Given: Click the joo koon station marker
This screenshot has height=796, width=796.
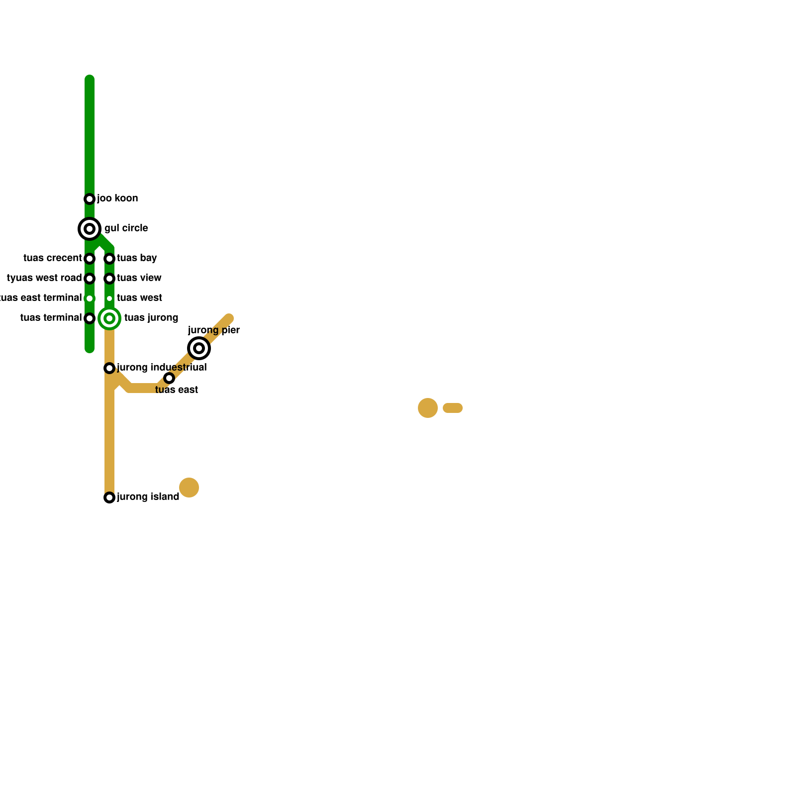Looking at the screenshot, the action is pos(90,199).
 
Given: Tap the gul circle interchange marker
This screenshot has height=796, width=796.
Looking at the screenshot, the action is pos(90,229).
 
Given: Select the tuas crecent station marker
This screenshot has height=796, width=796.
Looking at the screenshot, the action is pos(90,259).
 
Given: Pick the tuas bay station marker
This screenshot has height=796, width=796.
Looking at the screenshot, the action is pos(109,259).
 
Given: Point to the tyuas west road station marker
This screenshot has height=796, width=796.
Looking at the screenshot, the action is pos(90,279).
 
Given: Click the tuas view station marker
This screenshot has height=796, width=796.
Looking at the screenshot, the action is pos(109,279).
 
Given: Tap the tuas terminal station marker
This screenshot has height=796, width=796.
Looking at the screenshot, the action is pos(90,318).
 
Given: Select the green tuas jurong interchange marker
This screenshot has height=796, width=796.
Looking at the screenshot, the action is pos(109,318).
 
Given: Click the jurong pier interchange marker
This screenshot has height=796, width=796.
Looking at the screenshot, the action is pos(199,348).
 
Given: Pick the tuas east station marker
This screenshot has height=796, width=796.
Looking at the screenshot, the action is pos(169,378).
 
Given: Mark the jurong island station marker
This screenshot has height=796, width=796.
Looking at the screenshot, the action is pos(109,497).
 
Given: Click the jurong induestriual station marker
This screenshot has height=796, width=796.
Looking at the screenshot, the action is pos(109,368).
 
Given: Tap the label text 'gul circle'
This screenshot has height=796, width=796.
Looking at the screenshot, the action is pos(126,228).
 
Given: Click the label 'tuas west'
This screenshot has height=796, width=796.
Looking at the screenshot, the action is pos(139,298).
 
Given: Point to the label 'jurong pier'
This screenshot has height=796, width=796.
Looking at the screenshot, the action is pos(214,330).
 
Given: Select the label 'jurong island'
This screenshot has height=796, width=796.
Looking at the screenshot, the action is pos(148,497).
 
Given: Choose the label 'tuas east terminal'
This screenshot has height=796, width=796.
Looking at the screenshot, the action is pos(41,298).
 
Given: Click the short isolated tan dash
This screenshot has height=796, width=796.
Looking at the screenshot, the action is pos(453,408).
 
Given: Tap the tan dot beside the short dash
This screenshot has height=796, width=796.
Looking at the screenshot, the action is pos(428,408).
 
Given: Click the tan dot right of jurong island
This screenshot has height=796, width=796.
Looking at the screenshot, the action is pos(189,488).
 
